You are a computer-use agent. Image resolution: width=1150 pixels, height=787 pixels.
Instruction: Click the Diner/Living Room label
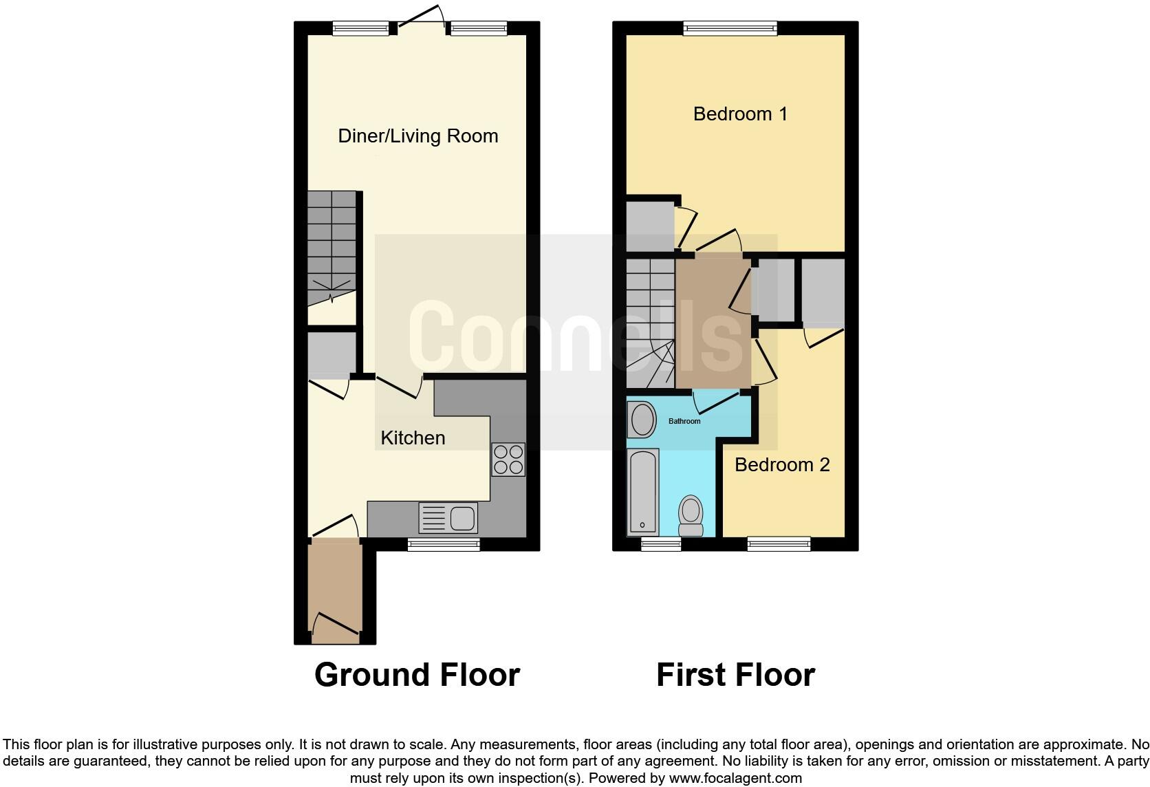417,136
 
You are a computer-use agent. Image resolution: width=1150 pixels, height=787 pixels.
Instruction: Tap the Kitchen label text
413,438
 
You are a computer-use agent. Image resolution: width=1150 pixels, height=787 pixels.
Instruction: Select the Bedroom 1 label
740,114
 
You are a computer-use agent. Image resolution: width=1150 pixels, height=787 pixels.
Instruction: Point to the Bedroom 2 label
782,465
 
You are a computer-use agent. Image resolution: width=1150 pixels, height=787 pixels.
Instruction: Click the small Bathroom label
684,422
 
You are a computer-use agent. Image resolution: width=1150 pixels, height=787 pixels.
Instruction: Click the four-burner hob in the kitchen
508,460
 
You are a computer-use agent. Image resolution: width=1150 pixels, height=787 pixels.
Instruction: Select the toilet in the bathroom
691,516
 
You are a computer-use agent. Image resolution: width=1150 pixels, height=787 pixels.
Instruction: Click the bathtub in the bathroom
643,492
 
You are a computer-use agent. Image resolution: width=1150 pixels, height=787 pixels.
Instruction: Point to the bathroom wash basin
643,419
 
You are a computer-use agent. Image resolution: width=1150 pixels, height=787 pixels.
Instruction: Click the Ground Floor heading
417,675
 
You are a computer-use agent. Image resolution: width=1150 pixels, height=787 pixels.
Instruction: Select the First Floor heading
735,675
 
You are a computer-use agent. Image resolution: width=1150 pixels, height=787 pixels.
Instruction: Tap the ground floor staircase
332,248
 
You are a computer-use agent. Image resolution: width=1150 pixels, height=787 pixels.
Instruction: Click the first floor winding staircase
650,323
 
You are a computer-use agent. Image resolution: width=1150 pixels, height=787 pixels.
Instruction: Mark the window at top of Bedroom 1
730,28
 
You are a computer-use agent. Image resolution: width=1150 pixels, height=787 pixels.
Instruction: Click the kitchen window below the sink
444,545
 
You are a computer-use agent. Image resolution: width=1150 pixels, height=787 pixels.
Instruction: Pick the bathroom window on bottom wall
661,545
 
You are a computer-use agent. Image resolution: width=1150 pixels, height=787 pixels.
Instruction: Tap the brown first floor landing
712,323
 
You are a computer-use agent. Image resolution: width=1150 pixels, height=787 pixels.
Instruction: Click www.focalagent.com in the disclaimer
735,779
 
